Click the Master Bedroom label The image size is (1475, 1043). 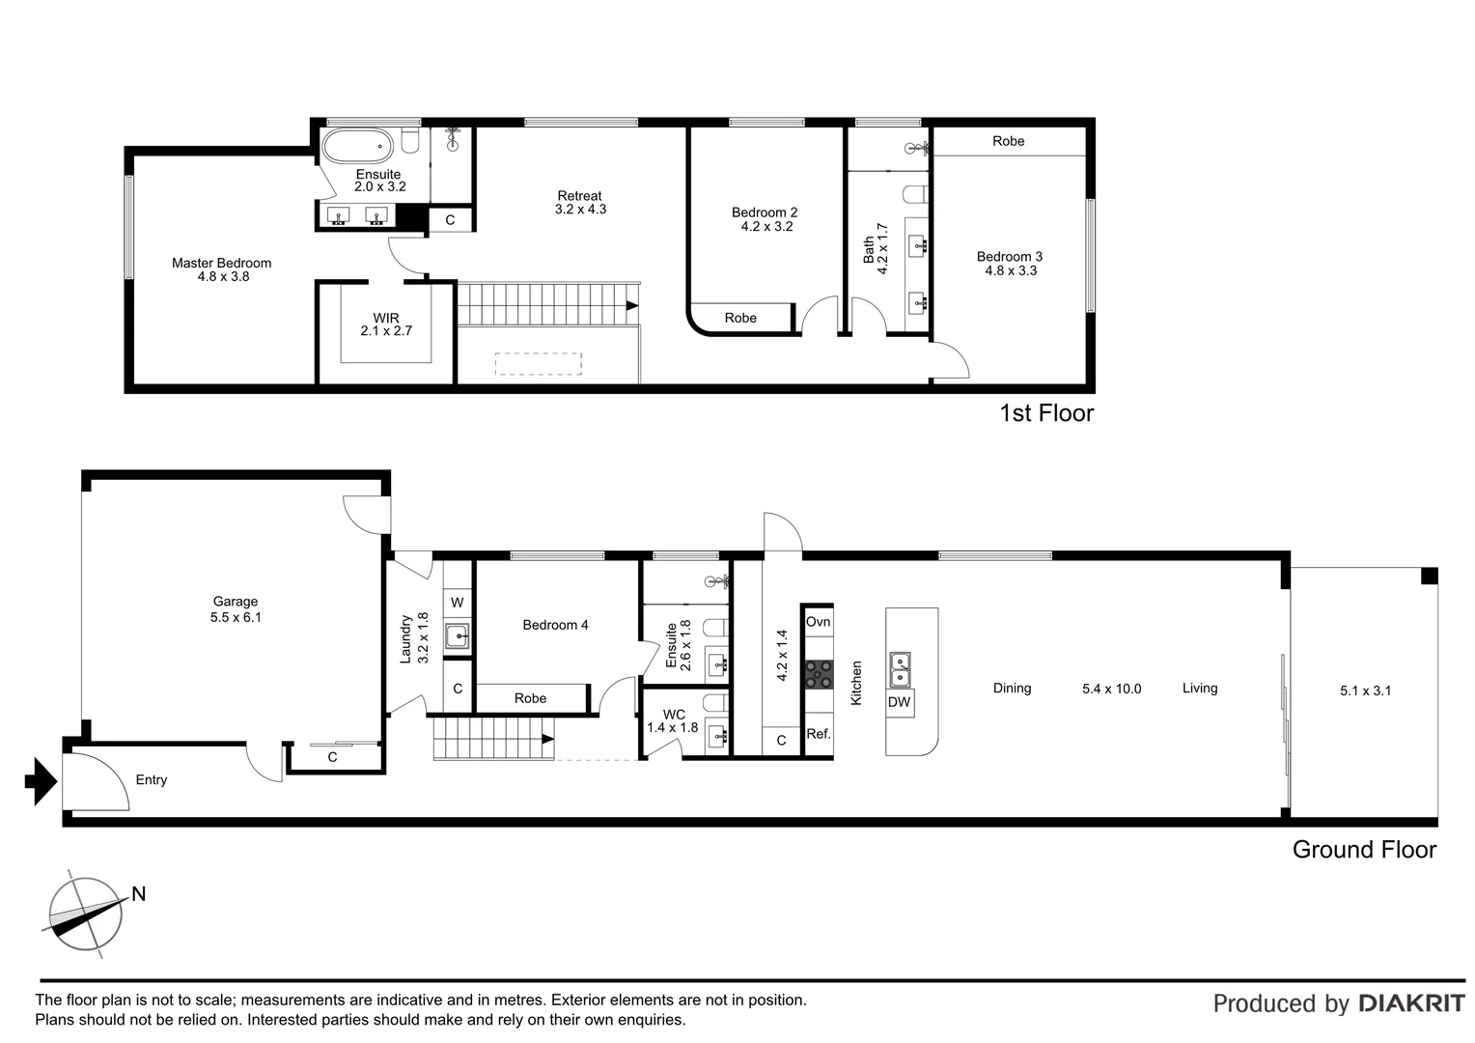[x=221, y=263]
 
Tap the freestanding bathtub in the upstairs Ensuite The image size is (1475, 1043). [x=357, y=146]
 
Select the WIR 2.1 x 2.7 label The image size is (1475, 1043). [x=386, y=324]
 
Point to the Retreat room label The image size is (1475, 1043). [x=579, y=196]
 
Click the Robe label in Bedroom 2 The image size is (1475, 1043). [x=740, y=318]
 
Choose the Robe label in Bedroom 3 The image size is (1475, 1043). [x=1008, y=141]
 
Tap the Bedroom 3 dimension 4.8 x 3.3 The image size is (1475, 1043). [x=1011, y=270]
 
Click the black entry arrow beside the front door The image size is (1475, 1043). [x=41, y=781]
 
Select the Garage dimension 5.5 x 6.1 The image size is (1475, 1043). [x=236, y=617]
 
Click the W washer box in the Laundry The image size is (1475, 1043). [x=457, y=603]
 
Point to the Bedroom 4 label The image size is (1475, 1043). [x=555, y=625]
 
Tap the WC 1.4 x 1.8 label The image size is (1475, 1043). [x=672, y=720]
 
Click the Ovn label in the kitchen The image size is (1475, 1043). [x=818, y=622]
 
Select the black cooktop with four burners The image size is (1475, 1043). [x=819, y=675]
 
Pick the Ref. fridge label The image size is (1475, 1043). [x=819, y=734]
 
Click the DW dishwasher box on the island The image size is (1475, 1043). [x=899, y=702]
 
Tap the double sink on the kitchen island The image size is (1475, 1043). [x=900, y=669]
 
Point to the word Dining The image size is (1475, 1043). [x=1012, y=688]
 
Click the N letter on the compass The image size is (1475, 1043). [x=138, y=894]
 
